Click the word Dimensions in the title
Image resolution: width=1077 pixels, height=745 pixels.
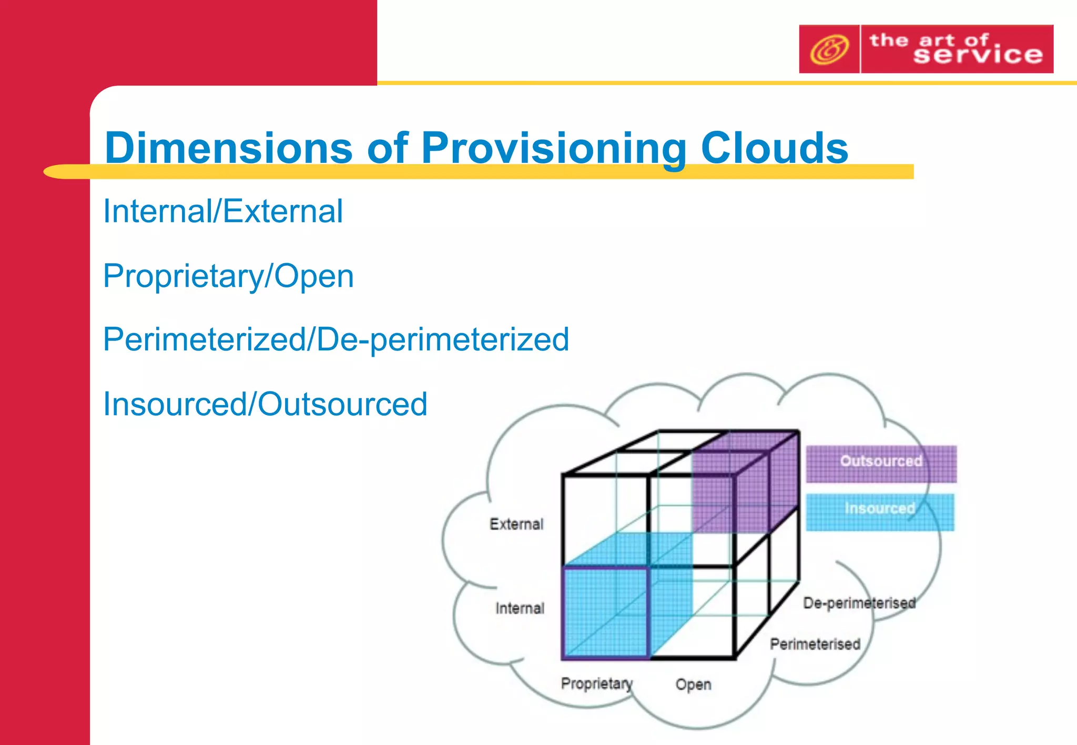tap(228, 148)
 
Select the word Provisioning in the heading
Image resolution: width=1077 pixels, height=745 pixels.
tap(553, 149)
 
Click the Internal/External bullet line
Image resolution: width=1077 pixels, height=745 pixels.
tap(223, 211)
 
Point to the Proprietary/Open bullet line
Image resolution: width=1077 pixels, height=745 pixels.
tap(228, 276)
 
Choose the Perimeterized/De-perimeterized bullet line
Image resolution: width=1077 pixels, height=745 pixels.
tap(336, 339)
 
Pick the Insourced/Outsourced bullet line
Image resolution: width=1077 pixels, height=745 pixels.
tap(265, 404)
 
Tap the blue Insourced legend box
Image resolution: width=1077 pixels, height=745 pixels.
tap(880, 511)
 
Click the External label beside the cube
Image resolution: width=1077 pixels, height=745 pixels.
tap(516, 524)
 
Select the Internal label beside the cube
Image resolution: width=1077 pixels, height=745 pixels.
tap(520, 608)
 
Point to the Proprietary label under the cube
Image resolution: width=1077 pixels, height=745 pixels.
tap(596, 683)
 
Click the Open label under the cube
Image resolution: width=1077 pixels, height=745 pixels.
tap(693, 685)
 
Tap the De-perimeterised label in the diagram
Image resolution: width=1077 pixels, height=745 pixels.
tap(859, 603)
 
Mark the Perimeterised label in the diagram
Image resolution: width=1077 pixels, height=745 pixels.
tap(815, 644)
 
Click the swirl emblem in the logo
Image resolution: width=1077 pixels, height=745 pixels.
tap(829, 49)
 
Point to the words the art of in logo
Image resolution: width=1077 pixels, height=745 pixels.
tap(929, 39)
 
